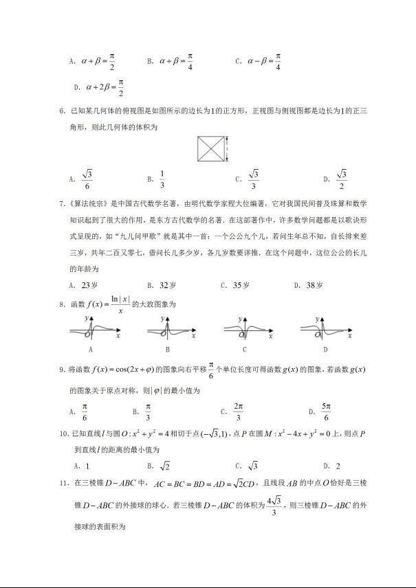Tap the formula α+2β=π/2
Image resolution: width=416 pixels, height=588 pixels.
[x=105, y=87]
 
